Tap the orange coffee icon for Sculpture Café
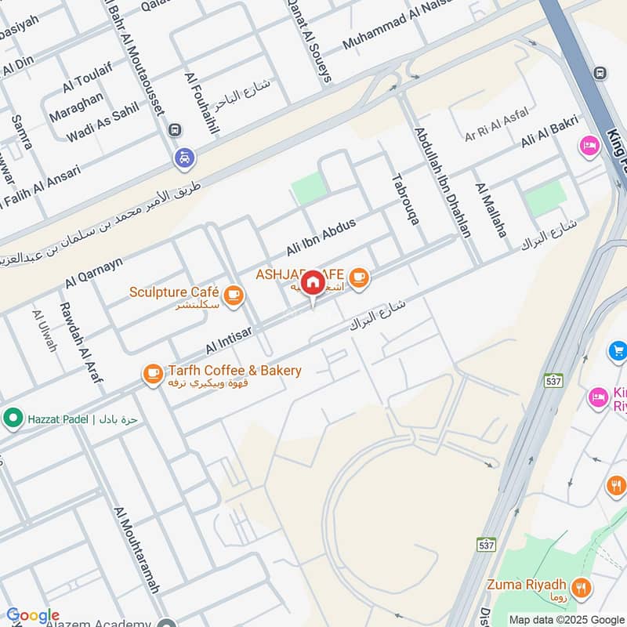(x=233, y=295)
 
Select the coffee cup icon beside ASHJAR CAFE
(x=358, y=277)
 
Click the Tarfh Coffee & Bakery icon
(x=153, y=374)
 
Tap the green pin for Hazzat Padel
(x=13, y=418)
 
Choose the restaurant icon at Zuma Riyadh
(x=581, y=586)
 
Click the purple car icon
(x=183, y=158)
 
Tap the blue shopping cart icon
(x=618, y=351)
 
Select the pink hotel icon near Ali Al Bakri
(x=589, y=146)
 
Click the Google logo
(x=32, y=616)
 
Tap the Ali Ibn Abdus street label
(x=321, y=237)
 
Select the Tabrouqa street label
(x=404, y=199)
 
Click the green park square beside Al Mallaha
(x=545, y=198)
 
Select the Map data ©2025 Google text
(x=567, y=619)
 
